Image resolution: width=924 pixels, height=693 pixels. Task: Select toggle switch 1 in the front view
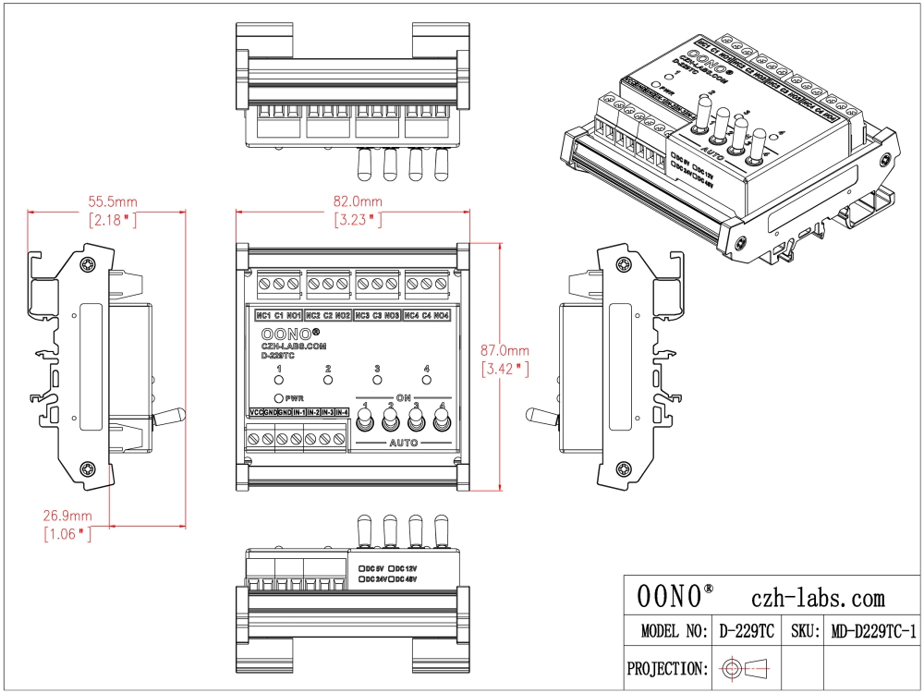pyautogui.click(x=366, y=422)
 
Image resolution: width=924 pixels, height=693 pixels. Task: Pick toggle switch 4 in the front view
pyautogui.click(x=443, y=422)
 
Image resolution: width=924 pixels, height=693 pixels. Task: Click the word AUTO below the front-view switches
pyautogui.click(x=404, y=444)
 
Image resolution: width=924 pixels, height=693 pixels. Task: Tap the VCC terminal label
pyautogui.click(x=256, y=412)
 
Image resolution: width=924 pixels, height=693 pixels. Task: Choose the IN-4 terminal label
pyautogui.click(x=341, y=412)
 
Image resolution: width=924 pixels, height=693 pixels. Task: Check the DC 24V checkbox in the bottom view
pyautogui.click(x=361, y=578)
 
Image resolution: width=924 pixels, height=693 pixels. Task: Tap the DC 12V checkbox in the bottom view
pyautogui.click(x=393, y=567)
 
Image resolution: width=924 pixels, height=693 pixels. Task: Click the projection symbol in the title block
pyautogui.click(x=747, y=667)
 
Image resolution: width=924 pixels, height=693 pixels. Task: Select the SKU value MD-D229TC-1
pyautogui.click(x=873, y=631)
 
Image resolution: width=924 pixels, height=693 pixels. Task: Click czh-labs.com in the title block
pyautogui.click(x=819, y=598)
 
